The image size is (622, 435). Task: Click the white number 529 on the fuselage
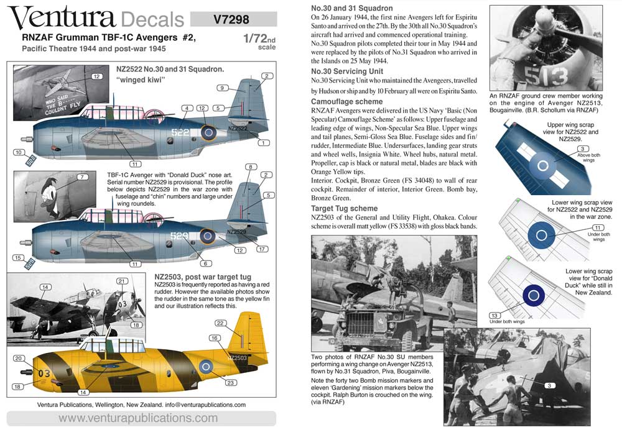tap(180, 236)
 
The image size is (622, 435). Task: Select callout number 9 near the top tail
tap(221, 88)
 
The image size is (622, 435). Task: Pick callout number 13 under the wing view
tap(495, 316)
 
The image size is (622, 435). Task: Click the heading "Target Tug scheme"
tap(344, 209)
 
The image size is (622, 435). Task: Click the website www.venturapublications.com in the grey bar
tap(138, 418)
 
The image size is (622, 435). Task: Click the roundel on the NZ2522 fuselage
tap(209, 132)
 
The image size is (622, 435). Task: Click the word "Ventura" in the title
tap(62, 19)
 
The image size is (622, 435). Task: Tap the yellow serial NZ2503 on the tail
tap(237, 359)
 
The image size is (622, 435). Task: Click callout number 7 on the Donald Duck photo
tap(81, 178)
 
